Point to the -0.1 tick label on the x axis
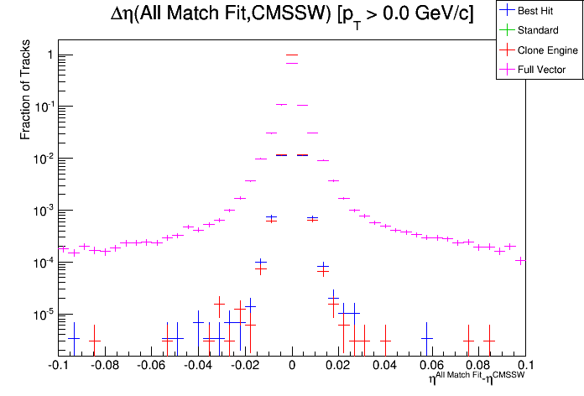coord(59,366)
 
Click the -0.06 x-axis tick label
coord(151,366)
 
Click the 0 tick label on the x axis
coord(292,366)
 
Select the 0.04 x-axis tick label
coord(385,366)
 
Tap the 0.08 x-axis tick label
coord(479,366)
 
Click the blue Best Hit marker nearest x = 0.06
coord(427,339)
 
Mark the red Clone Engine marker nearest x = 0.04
coord(385,341)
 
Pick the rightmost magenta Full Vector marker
coord(521,260)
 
